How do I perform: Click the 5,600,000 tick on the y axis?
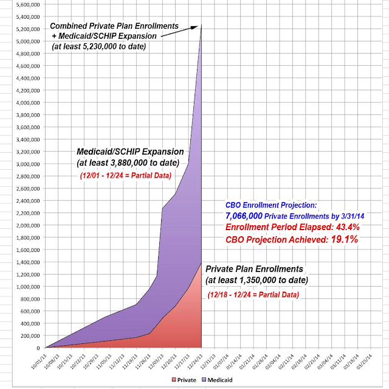coord(23,5)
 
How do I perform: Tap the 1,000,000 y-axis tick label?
coord(23,286)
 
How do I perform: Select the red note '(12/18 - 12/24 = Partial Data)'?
coord(255,294)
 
